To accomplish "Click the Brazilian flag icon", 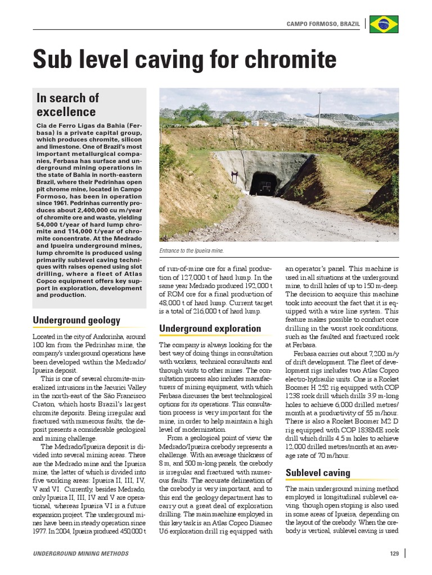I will tap(384, 24).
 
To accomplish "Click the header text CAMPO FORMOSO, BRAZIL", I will tap(323, 24).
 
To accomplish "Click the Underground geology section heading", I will tap(76, 320).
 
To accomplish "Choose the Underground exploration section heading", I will tap(210, 328).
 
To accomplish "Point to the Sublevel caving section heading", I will tap(318, 472).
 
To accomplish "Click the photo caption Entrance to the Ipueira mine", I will tap(192, 251).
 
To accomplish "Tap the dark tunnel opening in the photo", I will tap(264, 184).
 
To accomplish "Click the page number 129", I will tap(394, 554).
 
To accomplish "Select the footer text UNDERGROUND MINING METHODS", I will tap(80, 554).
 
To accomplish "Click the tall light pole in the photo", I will tap(319, 109).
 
